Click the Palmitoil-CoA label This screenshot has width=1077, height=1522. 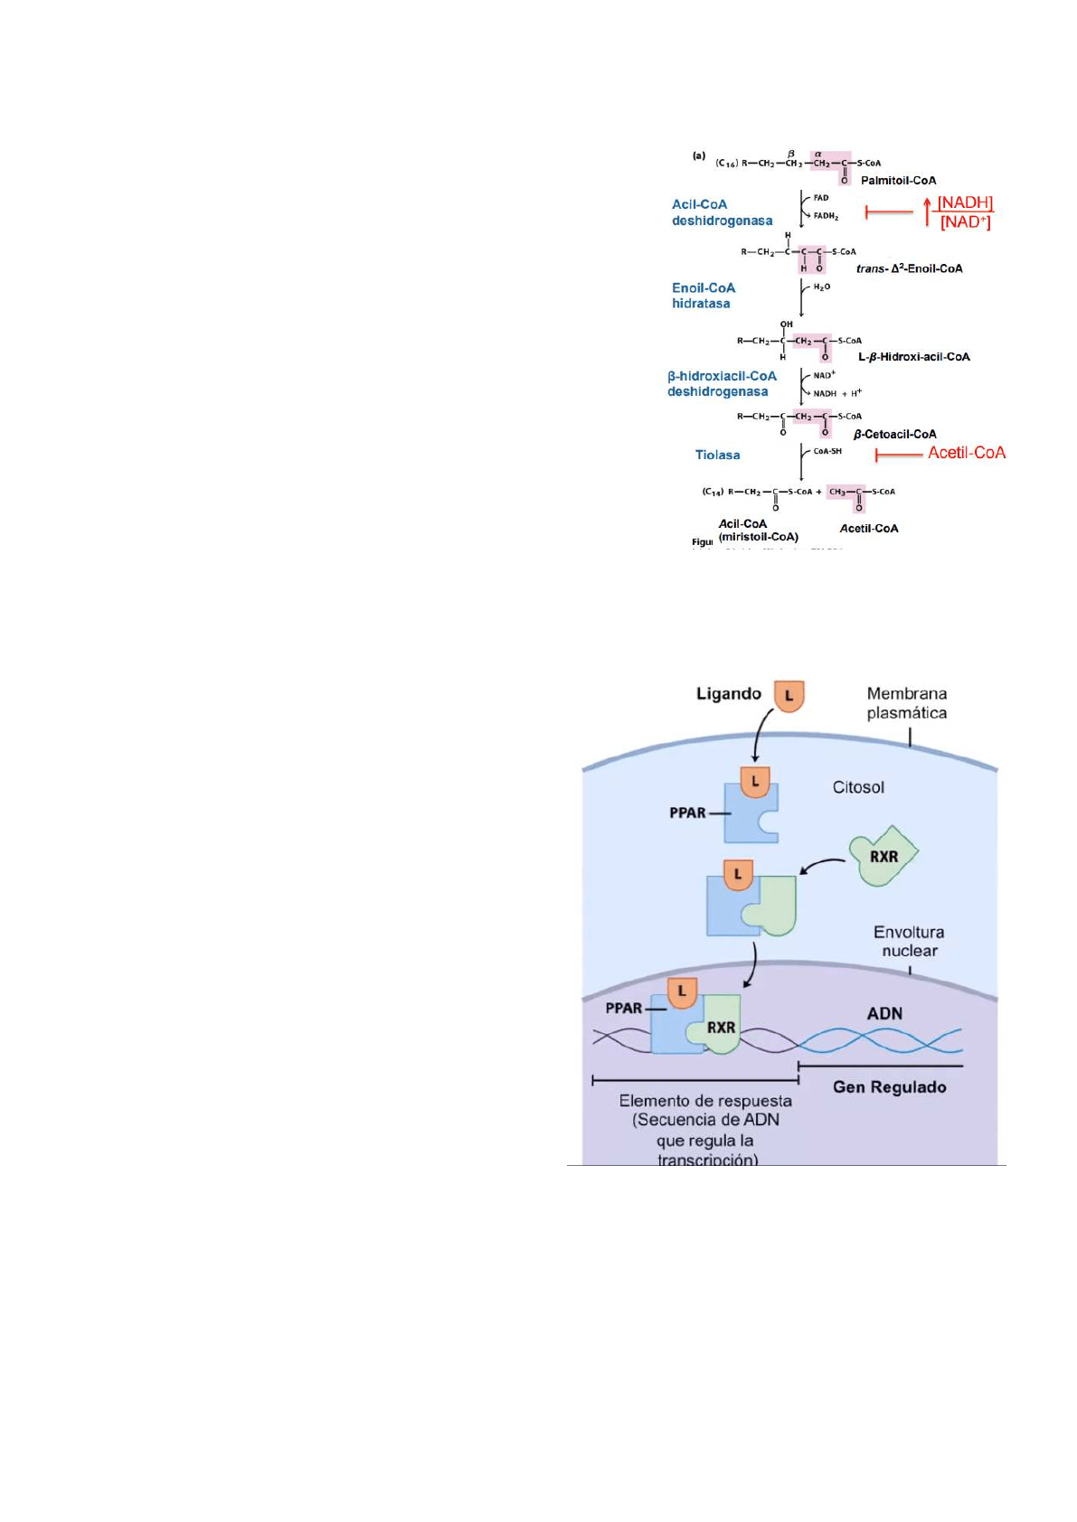coord(898,181)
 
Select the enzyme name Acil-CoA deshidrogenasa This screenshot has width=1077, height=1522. coord(722,212)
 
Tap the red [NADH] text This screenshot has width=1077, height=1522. coord(965,202)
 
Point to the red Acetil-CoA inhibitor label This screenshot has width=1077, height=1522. coord(967,453)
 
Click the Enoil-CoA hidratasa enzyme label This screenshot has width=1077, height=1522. coord(703,296)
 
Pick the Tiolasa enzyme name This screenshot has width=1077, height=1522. coord(717,455)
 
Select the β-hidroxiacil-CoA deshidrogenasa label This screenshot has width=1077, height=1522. coord(721,384)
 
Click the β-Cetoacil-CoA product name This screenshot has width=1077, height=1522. coord(894,435)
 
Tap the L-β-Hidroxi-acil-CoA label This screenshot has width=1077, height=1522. coord(913,357)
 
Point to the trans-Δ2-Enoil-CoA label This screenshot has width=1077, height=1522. coord(909,268)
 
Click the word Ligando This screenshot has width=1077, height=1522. coord(728,694)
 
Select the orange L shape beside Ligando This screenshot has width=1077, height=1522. coord(789,696)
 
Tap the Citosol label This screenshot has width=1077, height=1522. coord(858,787)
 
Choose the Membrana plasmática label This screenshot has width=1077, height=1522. coord(906,703)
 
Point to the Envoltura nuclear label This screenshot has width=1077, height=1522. coord(909,941)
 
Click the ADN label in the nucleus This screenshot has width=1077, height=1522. coord(884,1014)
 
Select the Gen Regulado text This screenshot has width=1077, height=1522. coord(889,1087)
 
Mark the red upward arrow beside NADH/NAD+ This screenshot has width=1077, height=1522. coord(928,211)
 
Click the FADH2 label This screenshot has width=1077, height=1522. coord(826,216)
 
